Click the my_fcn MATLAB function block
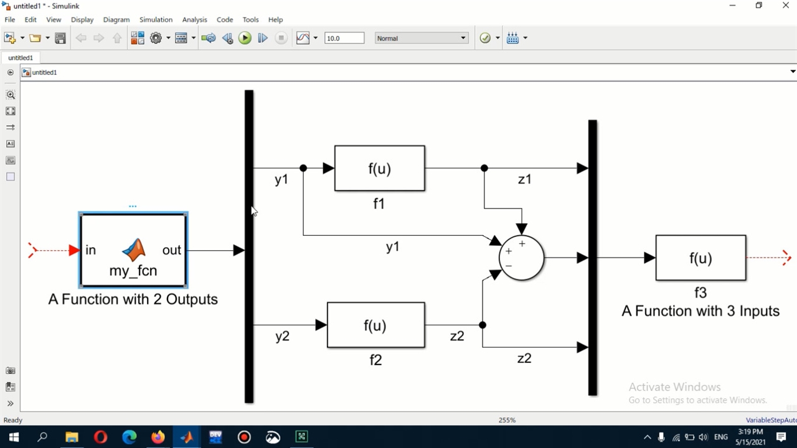click(133, 250)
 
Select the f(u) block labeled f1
click(379, 168)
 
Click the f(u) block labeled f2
click(375, 325)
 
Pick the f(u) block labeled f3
click(700, 258)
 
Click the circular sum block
click(522, 258)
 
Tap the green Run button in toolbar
click(245, 39)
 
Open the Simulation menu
click(156, 20)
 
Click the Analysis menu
click(194, 20)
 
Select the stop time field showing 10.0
click(344, 39)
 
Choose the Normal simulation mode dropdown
click(421, 39)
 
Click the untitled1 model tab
click(21, 58)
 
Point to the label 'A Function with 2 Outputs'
click(133, 299)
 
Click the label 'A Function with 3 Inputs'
click(700, 311)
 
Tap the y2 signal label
click(283, 337)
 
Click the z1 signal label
click(525, 179)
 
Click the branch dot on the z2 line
click(483, 325)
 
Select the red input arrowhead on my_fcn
click(74, 250)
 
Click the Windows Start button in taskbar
click(13, 437)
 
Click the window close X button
click(786, 6)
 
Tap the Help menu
click(275, 20)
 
